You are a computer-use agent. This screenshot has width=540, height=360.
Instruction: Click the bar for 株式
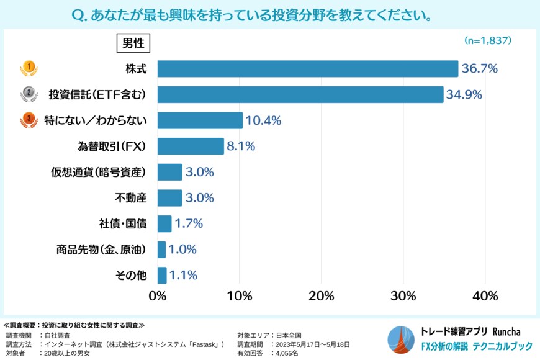pyautogui.click(x=307, y=68)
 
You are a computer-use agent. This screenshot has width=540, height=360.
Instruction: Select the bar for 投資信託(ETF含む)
pyautogui.click(x=300, y=94)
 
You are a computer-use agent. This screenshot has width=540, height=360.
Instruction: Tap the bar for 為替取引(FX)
pyautogui.click(x=191, y=146)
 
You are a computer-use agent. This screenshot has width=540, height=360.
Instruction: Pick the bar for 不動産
pyautogui.click(x=169, y=198)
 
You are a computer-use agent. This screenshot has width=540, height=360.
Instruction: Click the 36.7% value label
pyautogui.click(x=479, y=69)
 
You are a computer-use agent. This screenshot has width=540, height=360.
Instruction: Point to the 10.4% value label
pyautogui.click(x=264, y=120)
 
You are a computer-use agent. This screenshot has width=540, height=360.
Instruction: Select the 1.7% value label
pyautogui.click(x=189, y=223)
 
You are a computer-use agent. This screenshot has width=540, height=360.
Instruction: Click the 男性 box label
pyautogui.click(x=133, y=43)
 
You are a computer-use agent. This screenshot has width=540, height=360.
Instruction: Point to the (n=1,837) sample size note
pyautogui.click(x=487, y=40)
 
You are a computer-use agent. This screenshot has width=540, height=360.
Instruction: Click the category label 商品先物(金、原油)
pyautogui.click(x=101, y=250)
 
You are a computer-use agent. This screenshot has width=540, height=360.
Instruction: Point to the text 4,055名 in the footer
pyautogui.click(x=286, y=353)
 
